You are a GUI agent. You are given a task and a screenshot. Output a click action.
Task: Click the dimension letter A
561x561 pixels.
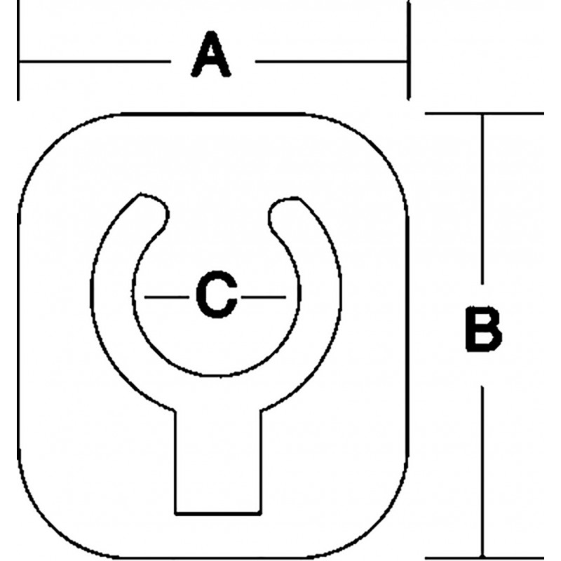[211, 54]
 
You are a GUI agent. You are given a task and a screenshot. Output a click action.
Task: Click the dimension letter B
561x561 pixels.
[483, 328]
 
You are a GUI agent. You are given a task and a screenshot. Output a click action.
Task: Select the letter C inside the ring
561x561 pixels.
[217, 295]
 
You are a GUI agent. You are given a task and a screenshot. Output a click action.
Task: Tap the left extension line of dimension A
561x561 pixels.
[18, 50]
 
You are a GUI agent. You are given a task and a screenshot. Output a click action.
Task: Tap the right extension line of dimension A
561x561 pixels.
[408, 50]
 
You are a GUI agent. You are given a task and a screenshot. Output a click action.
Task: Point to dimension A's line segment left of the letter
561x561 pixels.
[95, 62]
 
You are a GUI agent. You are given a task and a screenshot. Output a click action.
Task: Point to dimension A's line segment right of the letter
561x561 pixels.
[331, 62]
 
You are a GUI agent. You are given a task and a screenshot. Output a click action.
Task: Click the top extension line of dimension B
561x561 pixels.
[485, 114]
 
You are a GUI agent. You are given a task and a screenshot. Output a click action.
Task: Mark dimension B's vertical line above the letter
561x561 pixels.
[482, 199]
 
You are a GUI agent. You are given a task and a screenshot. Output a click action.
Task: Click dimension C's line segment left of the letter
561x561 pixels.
[167, 297]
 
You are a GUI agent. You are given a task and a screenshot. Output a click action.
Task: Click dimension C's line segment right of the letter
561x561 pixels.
[264, 297]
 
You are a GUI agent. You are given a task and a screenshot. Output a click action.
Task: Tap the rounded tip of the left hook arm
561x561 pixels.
[157, 208]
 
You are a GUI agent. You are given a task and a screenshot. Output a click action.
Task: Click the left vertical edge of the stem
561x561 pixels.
[175, 462]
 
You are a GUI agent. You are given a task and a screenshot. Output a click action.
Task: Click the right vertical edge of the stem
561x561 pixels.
[261, 462]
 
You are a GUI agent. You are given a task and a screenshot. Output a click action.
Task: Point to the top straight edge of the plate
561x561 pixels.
[215, 114]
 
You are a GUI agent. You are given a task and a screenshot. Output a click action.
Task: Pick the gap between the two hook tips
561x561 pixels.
[219, 215]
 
